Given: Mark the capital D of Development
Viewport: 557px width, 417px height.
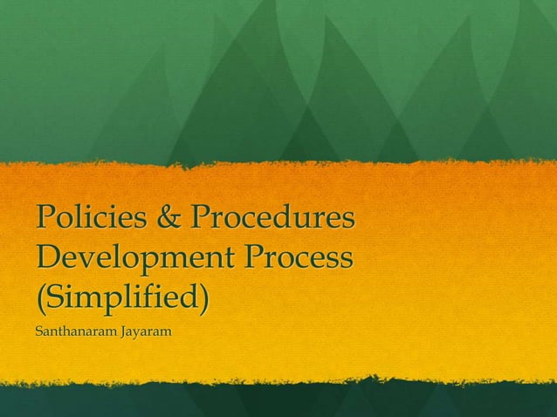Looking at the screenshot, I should [x=48, y=260].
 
